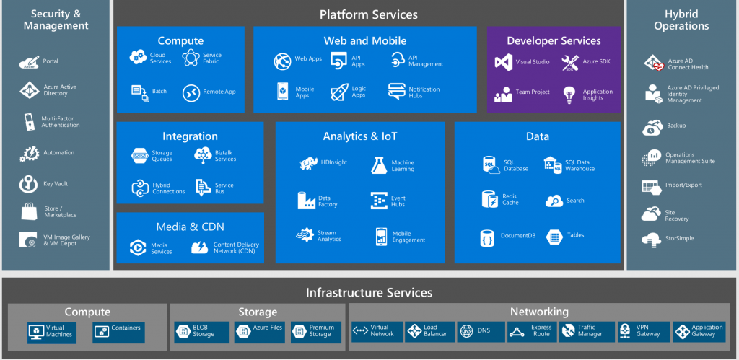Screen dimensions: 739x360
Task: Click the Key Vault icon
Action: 28,184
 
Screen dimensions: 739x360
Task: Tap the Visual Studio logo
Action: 503,62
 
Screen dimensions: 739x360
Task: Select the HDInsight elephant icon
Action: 309,163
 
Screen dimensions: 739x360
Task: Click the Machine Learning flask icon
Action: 379,165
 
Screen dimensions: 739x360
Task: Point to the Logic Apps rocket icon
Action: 339,92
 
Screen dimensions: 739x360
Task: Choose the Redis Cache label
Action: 510,199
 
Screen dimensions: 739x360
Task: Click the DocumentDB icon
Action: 487,238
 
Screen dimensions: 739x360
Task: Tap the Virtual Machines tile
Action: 52,333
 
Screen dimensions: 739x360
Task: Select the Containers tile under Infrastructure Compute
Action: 119,333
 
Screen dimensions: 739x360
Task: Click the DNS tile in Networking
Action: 481,332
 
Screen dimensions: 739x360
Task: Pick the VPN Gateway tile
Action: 644,332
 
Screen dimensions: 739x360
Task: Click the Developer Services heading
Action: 554,41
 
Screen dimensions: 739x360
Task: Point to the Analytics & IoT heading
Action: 360,136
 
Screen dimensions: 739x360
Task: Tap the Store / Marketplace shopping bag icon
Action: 29,212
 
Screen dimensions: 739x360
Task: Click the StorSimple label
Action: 679,238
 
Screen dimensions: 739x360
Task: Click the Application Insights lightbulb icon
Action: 569,95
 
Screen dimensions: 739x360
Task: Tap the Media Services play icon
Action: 138,247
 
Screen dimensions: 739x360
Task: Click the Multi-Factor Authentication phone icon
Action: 29,122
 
